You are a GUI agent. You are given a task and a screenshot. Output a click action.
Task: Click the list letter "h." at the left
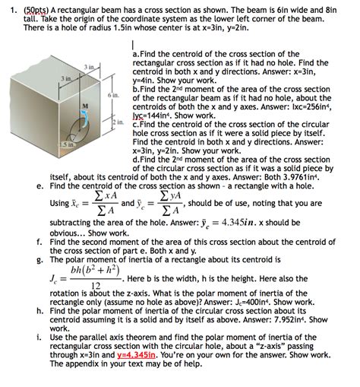39,310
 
